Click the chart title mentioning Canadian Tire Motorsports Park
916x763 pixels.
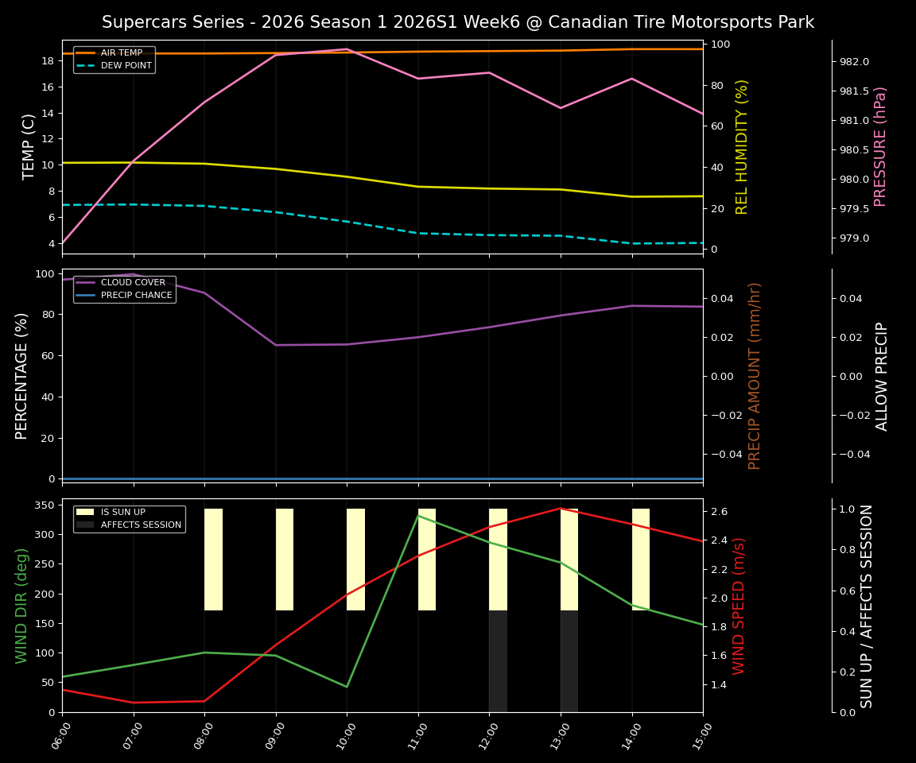tap(457, 22)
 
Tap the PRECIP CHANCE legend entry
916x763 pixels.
tap(136, 296)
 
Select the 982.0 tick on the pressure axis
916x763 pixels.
tap(855, 62)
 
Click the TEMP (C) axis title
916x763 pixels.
tap(29, 147)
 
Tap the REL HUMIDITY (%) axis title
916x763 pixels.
tap(743, 147)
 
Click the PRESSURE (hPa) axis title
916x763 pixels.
tap(880, 147)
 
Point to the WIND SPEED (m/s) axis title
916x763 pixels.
tap(739, 606)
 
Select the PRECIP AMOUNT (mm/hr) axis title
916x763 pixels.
tap(755, 376)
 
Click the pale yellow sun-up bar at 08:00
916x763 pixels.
tap(213, 560)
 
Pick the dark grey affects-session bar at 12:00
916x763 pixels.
tap(498, 661)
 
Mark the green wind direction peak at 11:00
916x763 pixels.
tap(418, 516)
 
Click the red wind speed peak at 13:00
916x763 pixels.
tap(561, 509)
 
